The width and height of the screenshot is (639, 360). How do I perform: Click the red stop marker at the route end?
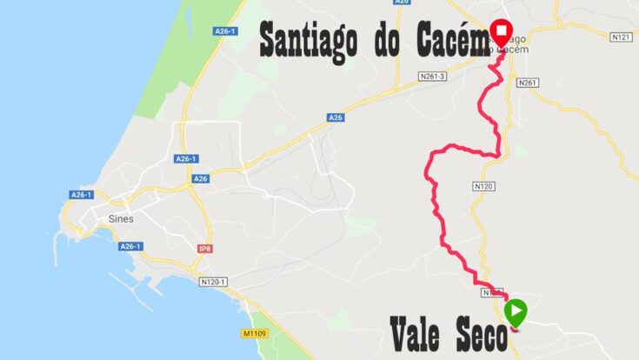point(501,32)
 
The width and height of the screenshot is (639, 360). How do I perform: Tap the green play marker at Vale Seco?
point(516,310)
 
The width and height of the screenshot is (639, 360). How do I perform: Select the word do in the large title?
point(389,42)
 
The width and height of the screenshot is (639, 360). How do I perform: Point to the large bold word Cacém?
point(449,42)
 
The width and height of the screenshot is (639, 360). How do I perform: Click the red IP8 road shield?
point(205,249)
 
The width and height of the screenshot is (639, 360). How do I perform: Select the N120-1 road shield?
point(214,282)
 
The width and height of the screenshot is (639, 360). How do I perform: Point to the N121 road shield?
point(620,37)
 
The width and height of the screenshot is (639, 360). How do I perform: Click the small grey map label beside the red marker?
point(516,43)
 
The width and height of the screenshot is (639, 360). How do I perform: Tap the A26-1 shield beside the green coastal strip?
point(225,31)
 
